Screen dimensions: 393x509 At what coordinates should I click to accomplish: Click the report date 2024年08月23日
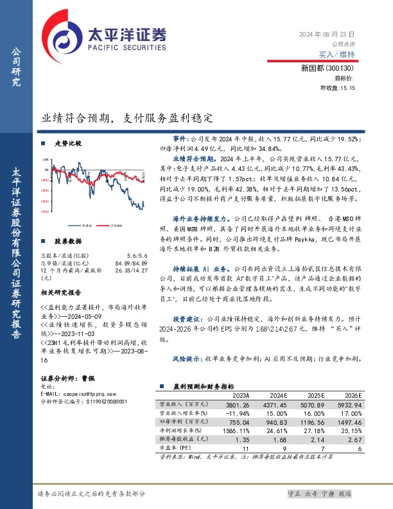tap(327, 33)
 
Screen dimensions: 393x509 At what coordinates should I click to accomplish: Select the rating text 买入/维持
tap(336, 55)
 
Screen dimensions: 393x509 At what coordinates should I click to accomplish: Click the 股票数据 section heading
tap(68, 241)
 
